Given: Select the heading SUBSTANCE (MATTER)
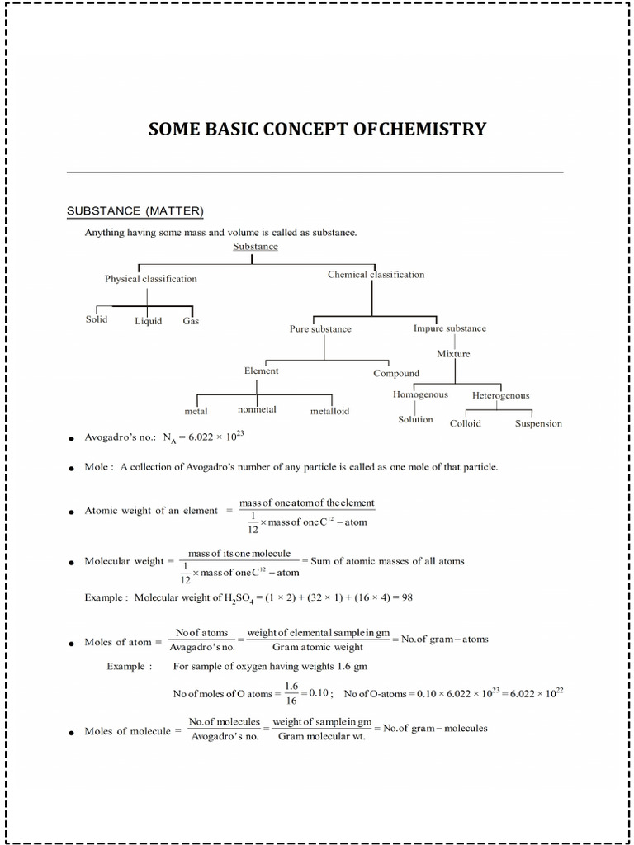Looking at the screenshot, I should click(135, 211).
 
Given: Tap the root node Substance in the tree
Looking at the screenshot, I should click(255, 246).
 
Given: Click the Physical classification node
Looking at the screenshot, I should click(151, 279).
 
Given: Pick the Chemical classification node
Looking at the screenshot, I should click(376, 274).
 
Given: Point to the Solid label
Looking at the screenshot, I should click(97, 319).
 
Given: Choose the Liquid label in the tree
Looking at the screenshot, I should click(149, 321).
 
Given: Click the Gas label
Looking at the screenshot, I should click(191, 321).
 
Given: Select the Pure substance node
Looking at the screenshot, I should click(320, 328).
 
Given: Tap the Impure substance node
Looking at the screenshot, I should click(450, 328).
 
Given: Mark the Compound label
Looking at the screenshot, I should click(396, 373).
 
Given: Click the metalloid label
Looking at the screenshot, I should click(329, 410).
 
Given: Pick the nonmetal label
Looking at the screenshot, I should click(257, 409).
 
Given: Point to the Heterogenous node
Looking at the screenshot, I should click(501, 395).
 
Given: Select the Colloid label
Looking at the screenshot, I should click(466, 423).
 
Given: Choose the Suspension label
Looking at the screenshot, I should click(538, 423).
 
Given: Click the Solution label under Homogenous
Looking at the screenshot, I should click(415, 419).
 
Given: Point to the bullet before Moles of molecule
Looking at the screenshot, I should click(73, 732).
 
